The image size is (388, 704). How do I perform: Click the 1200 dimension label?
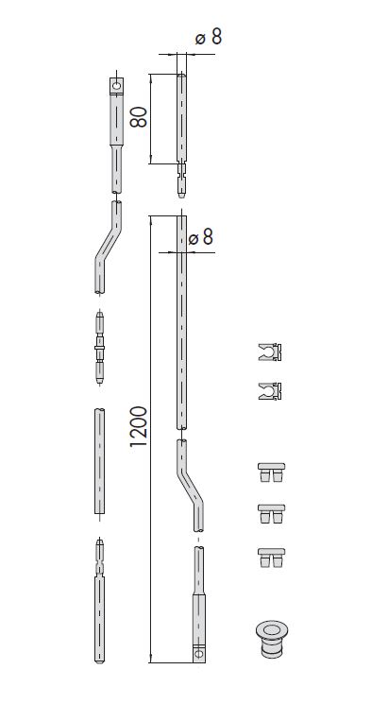pos(139,426)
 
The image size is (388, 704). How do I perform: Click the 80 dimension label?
pos(139,117)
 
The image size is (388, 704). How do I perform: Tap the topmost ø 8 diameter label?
pos(209,37)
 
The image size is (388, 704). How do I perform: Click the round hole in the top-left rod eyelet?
pos(117,85)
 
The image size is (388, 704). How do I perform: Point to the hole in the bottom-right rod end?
pos(199,651)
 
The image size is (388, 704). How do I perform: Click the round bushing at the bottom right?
pos(271,639)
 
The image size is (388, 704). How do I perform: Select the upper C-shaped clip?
pos(270,352)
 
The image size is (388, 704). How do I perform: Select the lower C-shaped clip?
pos(270,391)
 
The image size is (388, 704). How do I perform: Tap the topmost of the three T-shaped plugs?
pos(271,472)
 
